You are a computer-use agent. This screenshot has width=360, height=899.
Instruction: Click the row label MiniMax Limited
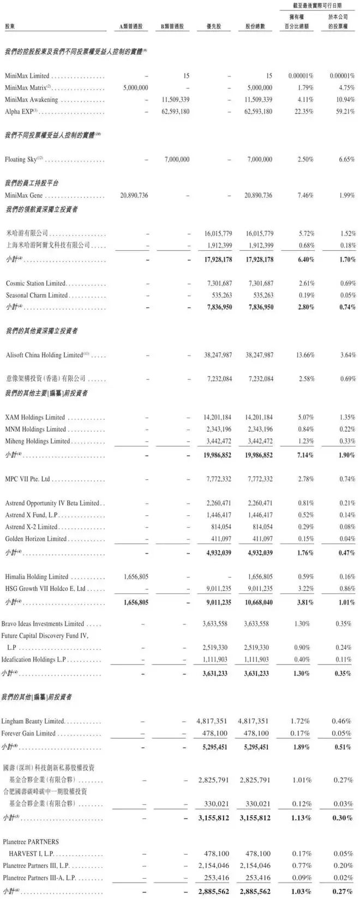(x=27, y=76)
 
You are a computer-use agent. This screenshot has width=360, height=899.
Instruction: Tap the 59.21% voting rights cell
(x=344, y=112)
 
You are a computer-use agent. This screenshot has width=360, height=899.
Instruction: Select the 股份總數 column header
(x=255, y=27)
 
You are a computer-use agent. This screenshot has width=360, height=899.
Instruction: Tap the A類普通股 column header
(x=131, y=27)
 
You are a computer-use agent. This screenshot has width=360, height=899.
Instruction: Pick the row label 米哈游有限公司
(x=27, y=233)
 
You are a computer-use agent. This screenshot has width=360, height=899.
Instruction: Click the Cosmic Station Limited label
(x=35, y=283)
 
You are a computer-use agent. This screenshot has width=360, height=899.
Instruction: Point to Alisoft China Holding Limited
(x=44, y=355)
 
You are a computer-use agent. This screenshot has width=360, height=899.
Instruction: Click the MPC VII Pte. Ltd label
(x=27, y=479)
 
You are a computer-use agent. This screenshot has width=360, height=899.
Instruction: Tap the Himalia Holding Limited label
(x=37, y=576)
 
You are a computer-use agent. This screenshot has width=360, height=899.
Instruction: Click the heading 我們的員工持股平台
(x=31, y=183)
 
